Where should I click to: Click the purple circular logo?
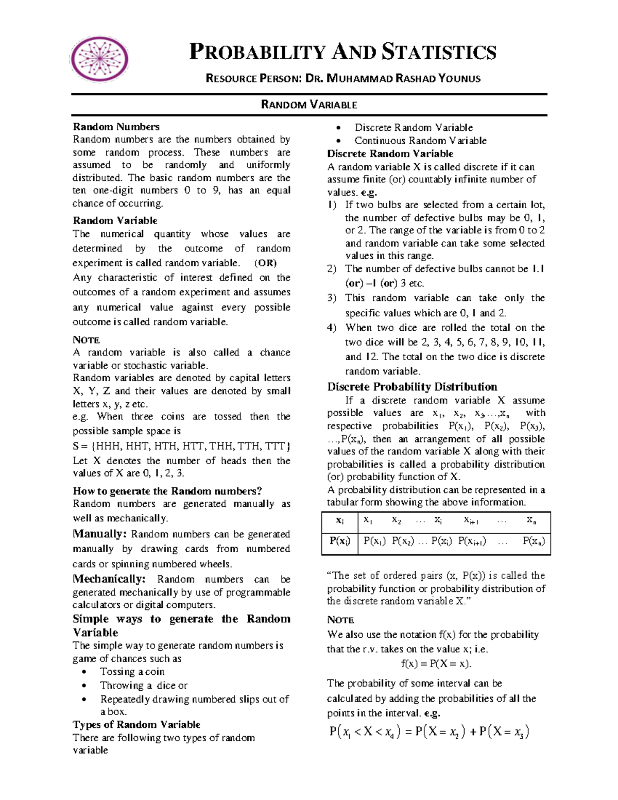click(x=99, y=59)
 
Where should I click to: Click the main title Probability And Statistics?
click(x=342, y=52)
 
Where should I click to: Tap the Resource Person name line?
click(x=342, y=78)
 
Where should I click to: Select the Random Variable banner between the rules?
click(x=309, y=105)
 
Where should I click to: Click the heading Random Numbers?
click(x=116, y=127)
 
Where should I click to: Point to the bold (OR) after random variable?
click(x=266, y=263)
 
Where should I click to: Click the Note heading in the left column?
click(x=86, y=340)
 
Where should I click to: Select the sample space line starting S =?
click(x=181, y=446)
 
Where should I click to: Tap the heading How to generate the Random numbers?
click(x=167, y=491)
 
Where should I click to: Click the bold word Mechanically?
click(x=109, y=579)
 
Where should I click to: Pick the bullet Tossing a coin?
click(x=132, y=672)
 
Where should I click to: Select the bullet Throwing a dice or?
click(x=144, y=686)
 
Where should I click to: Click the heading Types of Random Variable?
click(x=136, y=724)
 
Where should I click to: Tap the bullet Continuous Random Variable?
click(x=420, y=141)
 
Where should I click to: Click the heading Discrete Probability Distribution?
click(x=412, y=387)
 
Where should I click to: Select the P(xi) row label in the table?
click(x=340, y=541)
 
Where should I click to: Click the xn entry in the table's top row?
click(x=531, y=520)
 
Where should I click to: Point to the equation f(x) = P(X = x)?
click(x=436, y=663)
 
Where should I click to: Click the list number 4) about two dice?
click(x=332, y=328)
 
